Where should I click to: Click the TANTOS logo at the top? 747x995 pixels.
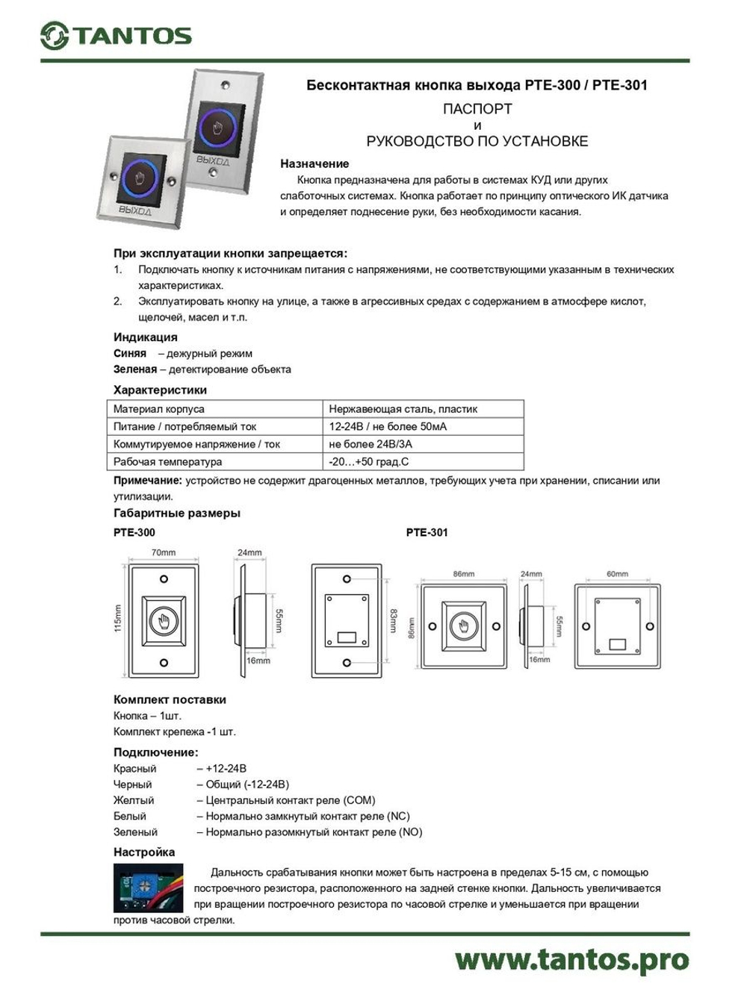click(x=117, y=36)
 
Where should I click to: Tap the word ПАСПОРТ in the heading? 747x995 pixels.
click(x=477, y=109)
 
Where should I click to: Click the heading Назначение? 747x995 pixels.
click(x=314, y=163)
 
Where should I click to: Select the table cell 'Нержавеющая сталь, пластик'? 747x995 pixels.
click(x=403, y=409)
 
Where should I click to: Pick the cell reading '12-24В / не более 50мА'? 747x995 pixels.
click(x=388, y=427)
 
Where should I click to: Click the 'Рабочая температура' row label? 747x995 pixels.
click(x=167, y=462)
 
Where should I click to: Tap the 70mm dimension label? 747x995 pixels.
click(x=164, y=553)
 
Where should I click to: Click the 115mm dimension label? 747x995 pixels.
click(x=118, y=619)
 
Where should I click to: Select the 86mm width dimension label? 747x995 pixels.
click(x=463, y=574)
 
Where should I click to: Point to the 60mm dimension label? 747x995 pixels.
click(x=617, y=574)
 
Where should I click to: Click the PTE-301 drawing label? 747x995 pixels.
click(x=427, y=532)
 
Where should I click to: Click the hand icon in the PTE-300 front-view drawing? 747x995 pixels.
click(x=164, y=620)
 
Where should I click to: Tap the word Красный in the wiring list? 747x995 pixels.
click(x=135, y=769)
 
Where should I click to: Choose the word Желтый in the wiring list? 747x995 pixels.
click(x=134, y=800)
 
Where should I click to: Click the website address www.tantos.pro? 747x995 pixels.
click(x=571, y=960)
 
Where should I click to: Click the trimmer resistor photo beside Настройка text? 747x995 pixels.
click(x=148, y=888)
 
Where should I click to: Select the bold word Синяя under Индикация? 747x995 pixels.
click(x=130, y=354)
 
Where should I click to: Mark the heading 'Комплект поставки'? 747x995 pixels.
click(x=170, y=700)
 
